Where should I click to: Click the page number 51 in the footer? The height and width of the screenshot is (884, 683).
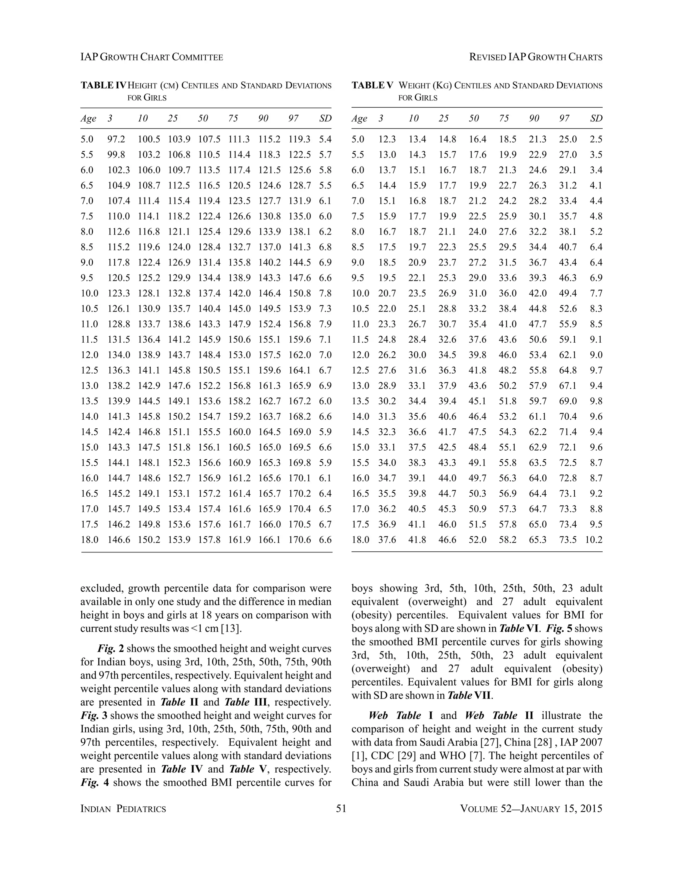coord(341,808)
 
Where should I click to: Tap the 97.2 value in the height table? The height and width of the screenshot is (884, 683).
coord(116,139)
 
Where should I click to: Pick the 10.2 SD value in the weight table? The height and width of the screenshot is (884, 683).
coord(594,539)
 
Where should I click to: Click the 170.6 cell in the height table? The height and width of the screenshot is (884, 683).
coord(299,539)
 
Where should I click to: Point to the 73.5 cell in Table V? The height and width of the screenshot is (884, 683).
coord(568,539)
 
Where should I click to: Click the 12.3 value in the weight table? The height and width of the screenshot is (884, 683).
coord(387,139)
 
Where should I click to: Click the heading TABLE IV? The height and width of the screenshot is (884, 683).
coord(103,85)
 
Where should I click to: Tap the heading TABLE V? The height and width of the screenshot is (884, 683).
coord(372,85)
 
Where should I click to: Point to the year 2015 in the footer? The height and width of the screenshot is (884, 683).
coord(591,808)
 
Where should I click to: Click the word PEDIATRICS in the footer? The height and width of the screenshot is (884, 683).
coord(141,809)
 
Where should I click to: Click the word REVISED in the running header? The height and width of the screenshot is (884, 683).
coord(488,57)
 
